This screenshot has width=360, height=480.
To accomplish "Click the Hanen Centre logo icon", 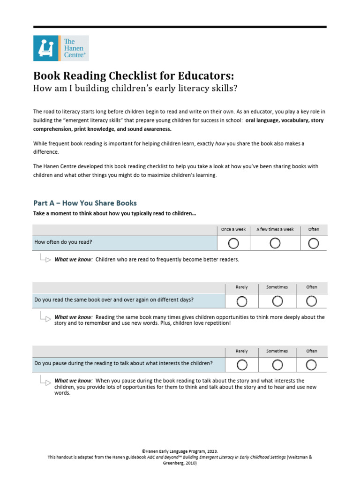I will pyautogui.click(x=46, y=48).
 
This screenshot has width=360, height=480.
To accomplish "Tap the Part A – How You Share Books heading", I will pyautogui.click(x=85, y=203).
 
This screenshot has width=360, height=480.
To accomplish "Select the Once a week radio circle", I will pyautogui.click(x=233, y=243).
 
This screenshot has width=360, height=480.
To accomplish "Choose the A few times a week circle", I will pyautogui.click(x=275, y=243).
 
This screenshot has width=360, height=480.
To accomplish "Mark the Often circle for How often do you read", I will pyautogui.click(x=314, y=243).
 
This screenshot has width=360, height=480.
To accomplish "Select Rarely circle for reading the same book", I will pyautogui.click(x=242, y=300).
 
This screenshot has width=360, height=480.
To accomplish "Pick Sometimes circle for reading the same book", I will pyautogui.click(x=277, y=300).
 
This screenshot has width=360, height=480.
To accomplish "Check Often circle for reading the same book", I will pyautogui.click(x=312, y=300).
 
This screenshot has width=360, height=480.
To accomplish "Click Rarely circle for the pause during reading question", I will pyautogui.click(x=242, y=364).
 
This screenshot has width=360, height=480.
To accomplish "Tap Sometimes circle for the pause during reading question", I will pyautogui.click(x=277, y=364).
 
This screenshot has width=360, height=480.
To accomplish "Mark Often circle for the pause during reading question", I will pyautogui.click(x=312, y=364).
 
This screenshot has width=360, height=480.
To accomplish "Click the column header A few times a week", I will pyautogui.click(x=275, y=229).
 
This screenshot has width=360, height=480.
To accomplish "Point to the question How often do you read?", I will pyautogui.click(x=63, y=242).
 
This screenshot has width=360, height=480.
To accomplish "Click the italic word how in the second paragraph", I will pyautogui.click(x=219, y=143).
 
